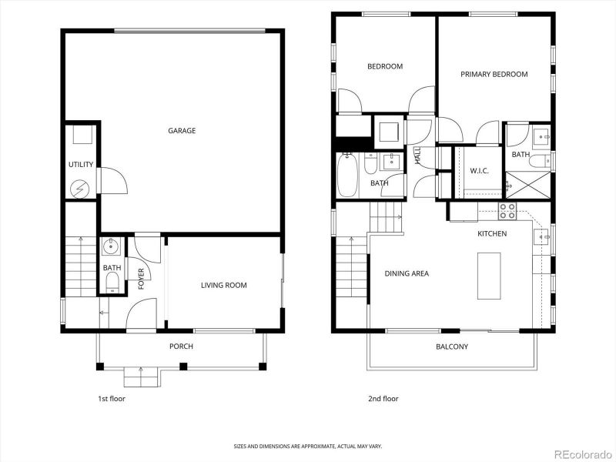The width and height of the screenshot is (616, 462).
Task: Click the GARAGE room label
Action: click(x=182, y=131)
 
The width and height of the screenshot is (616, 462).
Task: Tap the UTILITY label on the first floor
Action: click(x=81, y=165)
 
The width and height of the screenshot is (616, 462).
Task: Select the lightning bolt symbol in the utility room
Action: click(x=80, y=187)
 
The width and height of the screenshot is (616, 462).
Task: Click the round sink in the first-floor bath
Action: click(x=111, y=247)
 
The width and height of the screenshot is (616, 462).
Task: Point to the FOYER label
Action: click(x=142, y=279)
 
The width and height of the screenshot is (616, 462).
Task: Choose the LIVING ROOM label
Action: click(x=223, y=286)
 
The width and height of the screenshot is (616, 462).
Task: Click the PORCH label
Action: click(x=181, y=346)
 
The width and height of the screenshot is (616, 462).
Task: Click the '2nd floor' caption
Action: click(x=383, y=399)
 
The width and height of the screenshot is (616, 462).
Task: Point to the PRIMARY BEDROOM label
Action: click(x=494, y=75)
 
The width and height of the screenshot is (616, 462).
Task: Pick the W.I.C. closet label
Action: click(x=480, y=171)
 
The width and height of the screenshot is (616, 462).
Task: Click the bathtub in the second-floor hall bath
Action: click(x=346, y=176)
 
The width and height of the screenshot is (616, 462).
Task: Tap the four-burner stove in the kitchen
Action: click(x=507, y=211)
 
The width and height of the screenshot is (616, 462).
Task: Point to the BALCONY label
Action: click(x=451, y=346)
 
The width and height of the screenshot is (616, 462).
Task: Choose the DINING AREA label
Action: click(x=407, y=273)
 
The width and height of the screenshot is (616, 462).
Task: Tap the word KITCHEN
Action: click(x=492, y=234)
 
